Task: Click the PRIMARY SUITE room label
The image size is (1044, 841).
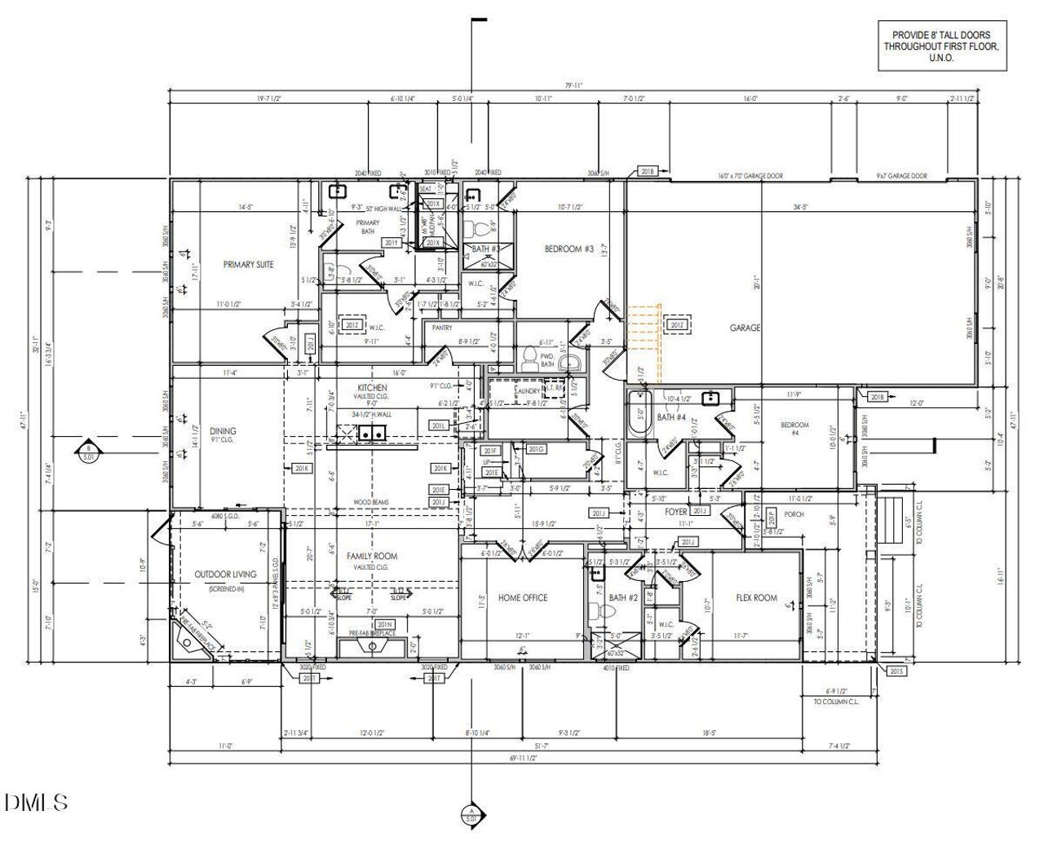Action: pyautogui.click(x=248, y=264)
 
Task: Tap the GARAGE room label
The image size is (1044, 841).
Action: pyautogui.click(x=745, y=328)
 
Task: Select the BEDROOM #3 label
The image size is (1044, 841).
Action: pyautogui.click(x=568, y=249)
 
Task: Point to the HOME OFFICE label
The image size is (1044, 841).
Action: pyautogui.click(x=523, y=597)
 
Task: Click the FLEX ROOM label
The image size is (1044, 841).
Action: pyautogui.click(x=756, y=597)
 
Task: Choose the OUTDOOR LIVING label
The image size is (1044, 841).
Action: pyautogui.click(x=225, y=574)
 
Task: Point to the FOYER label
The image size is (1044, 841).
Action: pyautogui.click(x=676, y=513)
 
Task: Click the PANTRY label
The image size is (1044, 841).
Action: pyautogui.click(x=442, y=328)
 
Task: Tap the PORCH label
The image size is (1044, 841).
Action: pyautogui.click(x=794, y=514)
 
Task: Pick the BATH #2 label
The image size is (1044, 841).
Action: pyautogui.click(x=623, y=597)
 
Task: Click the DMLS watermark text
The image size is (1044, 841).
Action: pyautogui.click(x=36, y=802)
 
